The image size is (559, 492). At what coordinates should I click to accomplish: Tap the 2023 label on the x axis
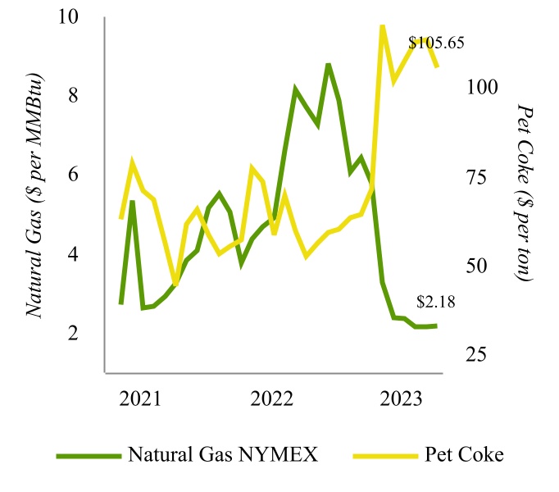[402, 399]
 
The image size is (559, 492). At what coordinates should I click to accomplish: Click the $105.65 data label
[437, 43]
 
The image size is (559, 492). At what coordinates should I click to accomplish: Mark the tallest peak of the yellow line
[382, 26]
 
